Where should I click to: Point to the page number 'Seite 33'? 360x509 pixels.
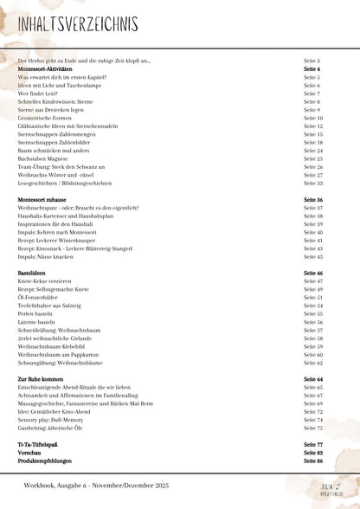point(313,183)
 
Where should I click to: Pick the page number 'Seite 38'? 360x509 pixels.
point(313,216)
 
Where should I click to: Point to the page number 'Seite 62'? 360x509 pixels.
point(313,363)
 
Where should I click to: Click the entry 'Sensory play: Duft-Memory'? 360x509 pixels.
point(52,420)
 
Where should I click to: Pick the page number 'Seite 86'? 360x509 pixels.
point(313,461)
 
